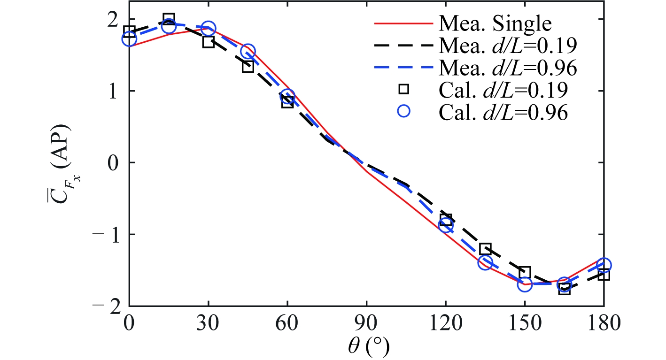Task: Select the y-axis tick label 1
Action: tap(115, 91)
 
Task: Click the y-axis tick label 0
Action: tap(114, 162)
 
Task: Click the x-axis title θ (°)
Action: tap(366, 347)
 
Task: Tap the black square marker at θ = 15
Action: tap(169, 19)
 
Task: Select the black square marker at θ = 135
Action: tap(485, 248)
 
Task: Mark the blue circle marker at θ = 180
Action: tap(604, 265)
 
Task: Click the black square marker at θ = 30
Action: tap(209, 42)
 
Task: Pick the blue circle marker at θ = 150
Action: tap(525, 284)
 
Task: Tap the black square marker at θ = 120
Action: tap(446, 219)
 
